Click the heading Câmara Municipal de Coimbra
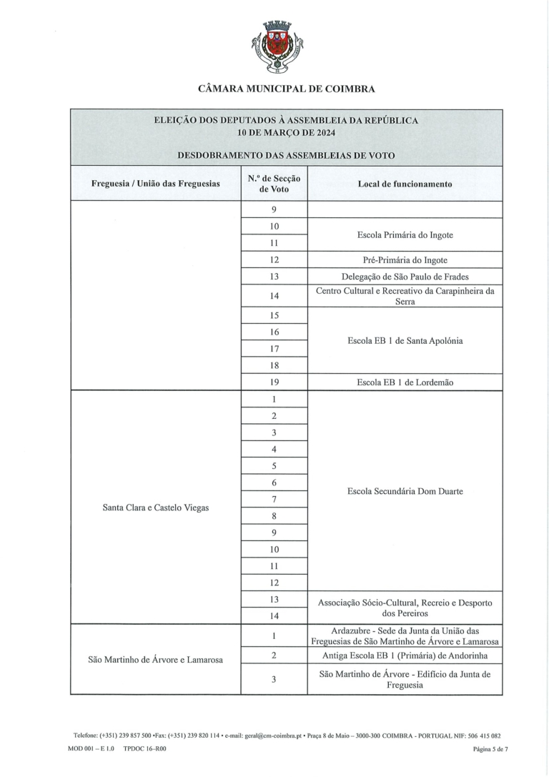pos(286,89)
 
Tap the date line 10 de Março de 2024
pos(286,132)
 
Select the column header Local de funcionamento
pos(405,184)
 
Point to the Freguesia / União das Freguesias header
pos(155,184)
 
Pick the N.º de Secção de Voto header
pos(274,184)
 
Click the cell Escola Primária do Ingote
pos(405,234)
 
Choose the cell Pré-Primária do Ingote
pos(405,259)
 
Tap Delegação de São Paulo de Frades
pos(405,277)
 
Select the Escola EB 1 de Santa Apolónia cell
pos(405,341)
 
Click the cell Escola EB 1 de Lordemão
pos(405,382)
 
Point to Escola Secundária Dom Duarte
pos(405,492)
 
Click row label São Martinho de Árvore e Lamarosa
pos(155,659)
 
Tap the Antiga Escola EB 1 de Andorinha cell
pos(405,655)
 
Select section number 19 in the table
pos(274,382)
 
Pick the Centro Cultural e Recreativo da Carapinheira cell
pos(405,296)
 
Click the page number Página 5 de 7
pos(490,749)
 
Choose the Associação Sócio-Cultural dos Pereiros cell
pos(405,608)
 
